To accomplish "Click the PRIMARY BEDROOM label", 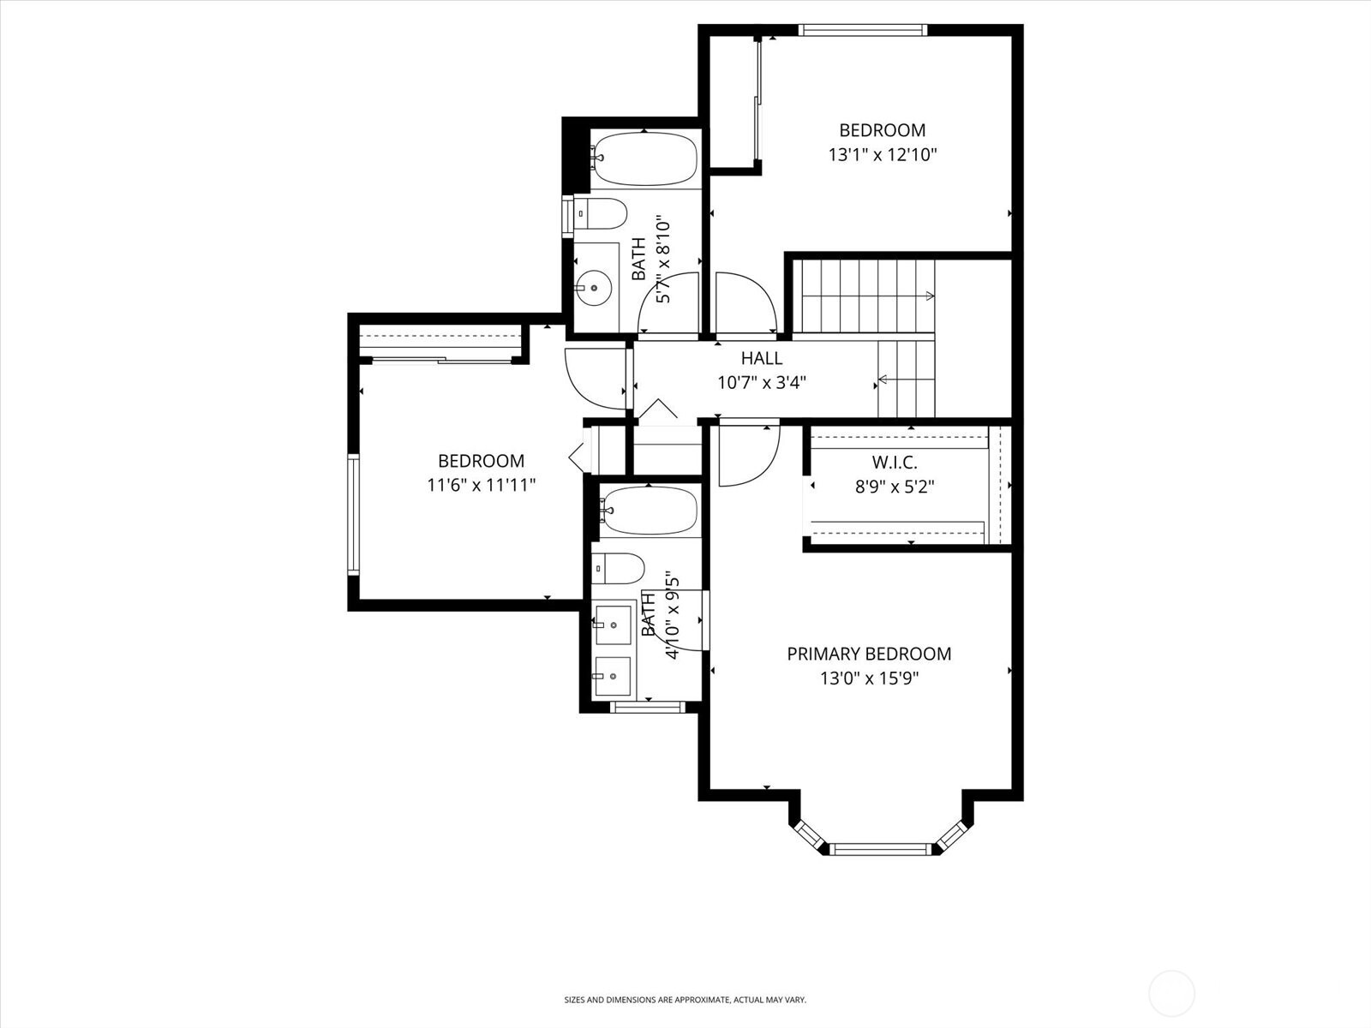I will pos(869,654).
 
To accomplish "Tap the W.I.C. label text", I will pos(895,463).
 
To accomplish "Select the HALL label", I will pos(762,358).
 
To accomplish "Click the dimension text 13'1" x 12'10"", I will pos(882,155).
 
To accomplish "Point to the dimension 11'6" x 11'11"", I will pos(482,485).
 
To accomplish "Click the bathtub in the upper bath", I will pos(645,158).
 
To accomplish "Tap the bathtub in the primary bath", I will pos(649,511).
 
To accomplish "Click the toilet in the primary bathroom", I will pos(618,568).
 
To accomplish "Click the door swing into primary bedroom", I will pos(747,455).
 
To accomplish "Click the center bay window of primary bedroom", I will pos(880,849).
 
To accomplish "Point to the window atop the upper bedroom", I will pos(862,30).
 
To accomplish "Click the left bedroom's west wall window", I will pos(352,514).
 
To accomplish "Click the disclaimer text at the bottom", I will pos(685,1000).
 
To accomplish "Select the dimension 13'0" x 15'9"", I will pos(869,678).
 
